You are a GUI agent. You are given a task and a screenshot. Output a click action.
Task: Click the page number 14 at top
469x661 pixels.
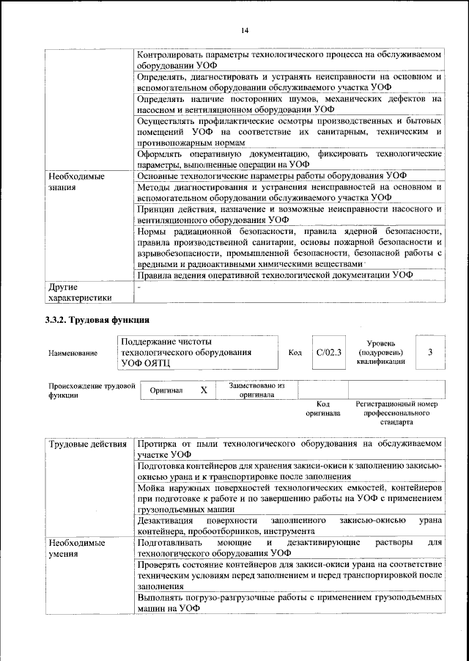click(245, 30)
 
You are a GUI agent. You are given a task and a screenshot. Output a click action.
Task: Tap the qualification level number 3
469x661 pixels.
click(430, 352)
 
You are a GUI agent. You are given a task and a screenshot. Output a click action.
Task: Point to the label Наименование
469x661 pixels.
click(73, 353)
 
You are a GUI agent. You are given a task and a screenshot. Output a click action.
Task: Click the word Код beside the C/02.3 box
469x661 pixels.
click(295, 353)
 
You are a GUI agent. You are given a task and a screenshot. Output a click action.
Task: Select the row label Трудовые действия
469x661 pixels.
click(86, 445)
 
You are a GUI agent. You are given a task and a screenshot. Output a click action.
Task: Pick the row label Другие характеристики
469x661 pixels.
click(80, 292)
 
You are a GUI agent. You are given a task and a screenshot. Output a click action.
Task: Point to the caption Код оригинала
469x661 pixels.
click(323, 409)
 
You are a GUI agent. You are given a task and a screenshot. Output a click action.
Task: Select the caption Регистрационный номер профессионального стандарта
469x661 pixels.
click(396, 413)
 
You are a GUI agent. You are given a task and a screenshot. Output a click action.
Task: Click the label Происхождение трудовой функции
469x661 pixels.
click(91, 390)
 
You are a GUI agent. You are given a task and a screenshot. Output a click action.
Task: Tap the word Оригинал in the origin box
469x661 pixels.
click(166, 391)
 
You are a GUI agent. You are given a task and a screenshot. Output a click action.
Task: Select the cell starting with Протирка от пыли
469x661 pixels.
click(289, 450)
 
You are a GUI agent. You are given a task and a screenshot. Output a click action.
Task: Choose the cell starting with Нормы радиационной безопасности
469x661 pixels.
click(289, 247)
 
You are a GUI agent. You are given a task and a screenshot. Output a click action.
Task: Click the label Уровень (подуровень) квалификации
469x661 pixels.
click(381, 352)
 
